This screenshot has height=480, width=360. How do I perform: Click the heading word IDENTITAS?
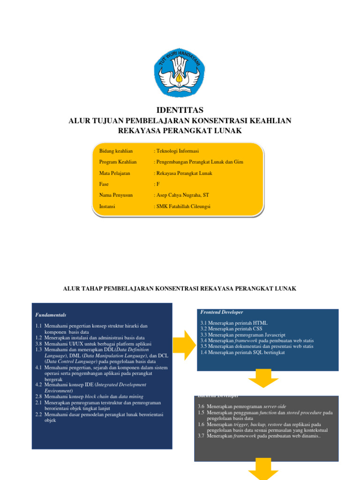[180, 110]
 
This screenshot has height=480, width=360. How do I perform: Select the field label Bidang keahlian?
[116, 151]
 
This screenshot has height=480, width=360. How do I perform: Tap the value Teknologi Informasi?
[177, 151]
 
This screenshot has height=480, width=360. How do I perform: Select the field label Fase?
[104, 184]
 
